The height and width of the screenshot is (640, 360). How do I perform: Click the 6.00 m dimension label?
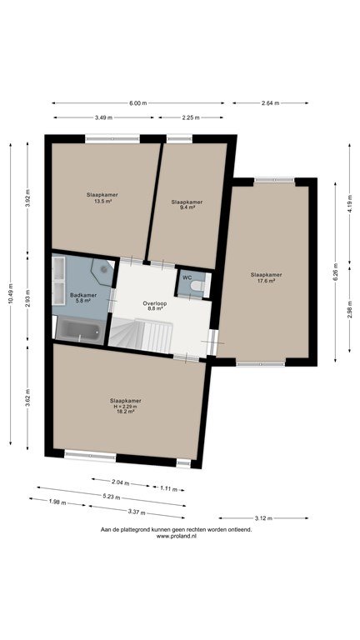tap(138, 103)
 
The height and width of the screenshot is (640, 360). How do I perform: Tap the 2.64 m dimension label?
tap(270, 103)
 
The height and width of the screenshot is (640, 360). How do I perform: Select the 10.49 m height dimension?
tap(11, 294)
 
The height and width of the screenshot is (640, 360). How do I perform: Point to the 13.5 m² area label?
tap(102, 201)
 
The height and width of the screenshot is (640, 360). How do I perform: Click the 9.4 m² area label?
tap(187, 207)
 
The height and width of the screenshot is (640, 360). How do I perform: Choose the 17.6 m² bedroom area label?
tap(266, 280)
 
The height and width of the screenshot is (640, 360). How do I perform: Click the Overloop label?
tap(155, 303)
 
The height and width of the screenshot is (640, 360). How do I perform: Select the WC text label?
tap(187, 277)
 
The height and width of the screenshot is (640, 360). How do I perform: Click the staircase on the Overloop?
tap(140, 336)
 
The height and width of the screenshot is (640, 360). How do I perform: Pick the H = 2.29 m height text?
tap(126, 407)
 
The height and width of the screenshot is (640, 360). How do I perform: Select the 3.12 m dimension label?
tap(263, 518)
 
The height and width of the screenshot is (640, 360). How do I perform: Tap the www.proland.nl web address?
tap(177, 537)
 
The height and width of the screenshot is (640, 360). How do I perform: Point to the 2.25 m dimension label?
tap(191, 118)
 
